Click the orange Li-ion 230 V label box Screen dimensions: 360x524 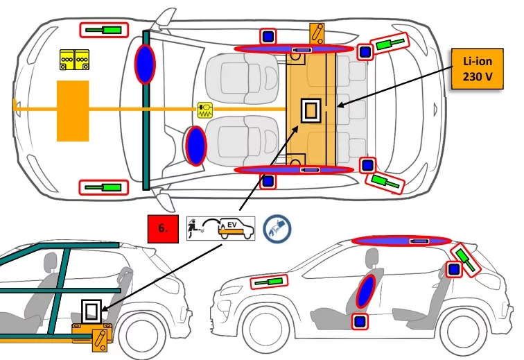(x=478, y=69)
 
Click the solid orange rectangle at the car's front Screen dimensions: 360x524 (x=72, y=109)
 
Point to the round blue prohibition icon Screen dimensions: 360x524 (x=277, y=228)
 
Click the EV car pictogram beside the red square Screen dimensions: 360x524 (x=220, y=228)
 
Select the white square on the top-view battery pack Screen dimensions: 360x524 (x=310, y=110)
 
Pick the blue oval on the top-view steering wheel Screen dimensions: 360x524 (x=196, y=146)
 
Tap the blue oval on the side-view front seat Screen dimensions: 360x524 (x=365, y=291)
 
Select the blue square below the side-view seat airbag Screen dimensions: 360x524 (x=359, y=321)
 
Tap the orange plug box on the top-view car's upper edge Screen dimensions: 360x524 (x=317, y=33)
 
